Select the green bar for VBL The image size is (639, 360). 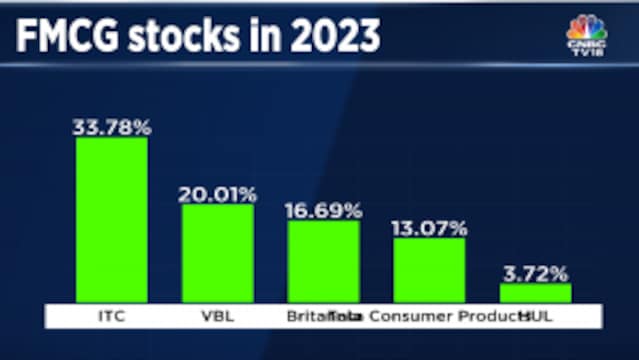pos(217,253)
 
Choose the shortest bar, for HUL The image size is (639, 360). pos(535,293)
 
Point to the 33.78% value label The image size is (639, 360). pos(111,127)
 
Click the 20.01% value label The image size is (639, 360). pos(217,194)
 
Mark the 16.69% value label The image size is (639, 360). pos(323,210)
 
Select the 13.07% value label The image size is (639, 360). pos(429,228)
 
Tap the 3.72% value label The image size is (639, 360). pos(535,273)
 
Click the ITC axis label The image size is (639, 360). pos(111,317)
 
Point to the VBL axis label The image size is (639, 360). pos(217,317)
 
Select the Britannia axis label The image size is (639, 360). pos(310,317)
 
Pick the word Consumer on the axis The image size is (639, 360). pos(409,317)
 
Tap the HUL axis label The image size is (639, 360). pos(545,317)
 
